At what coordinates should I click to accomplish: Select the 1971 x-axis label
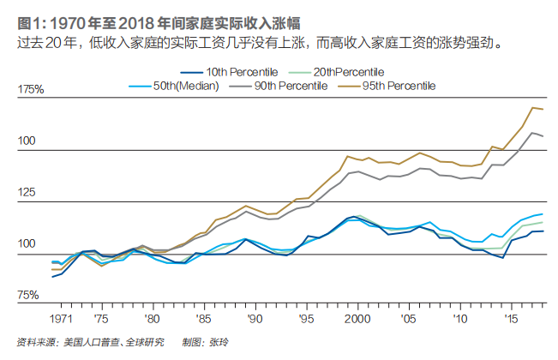click(60, 317)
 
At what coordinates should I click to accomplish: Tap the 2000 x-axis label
click(356, 317)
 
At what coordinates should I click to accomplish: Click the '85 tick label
click(202, 317)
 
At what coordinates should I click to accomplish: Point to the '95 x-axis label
click(304, 317)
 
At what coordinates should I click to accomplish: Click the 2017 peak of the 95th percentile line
click(532, 107)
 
